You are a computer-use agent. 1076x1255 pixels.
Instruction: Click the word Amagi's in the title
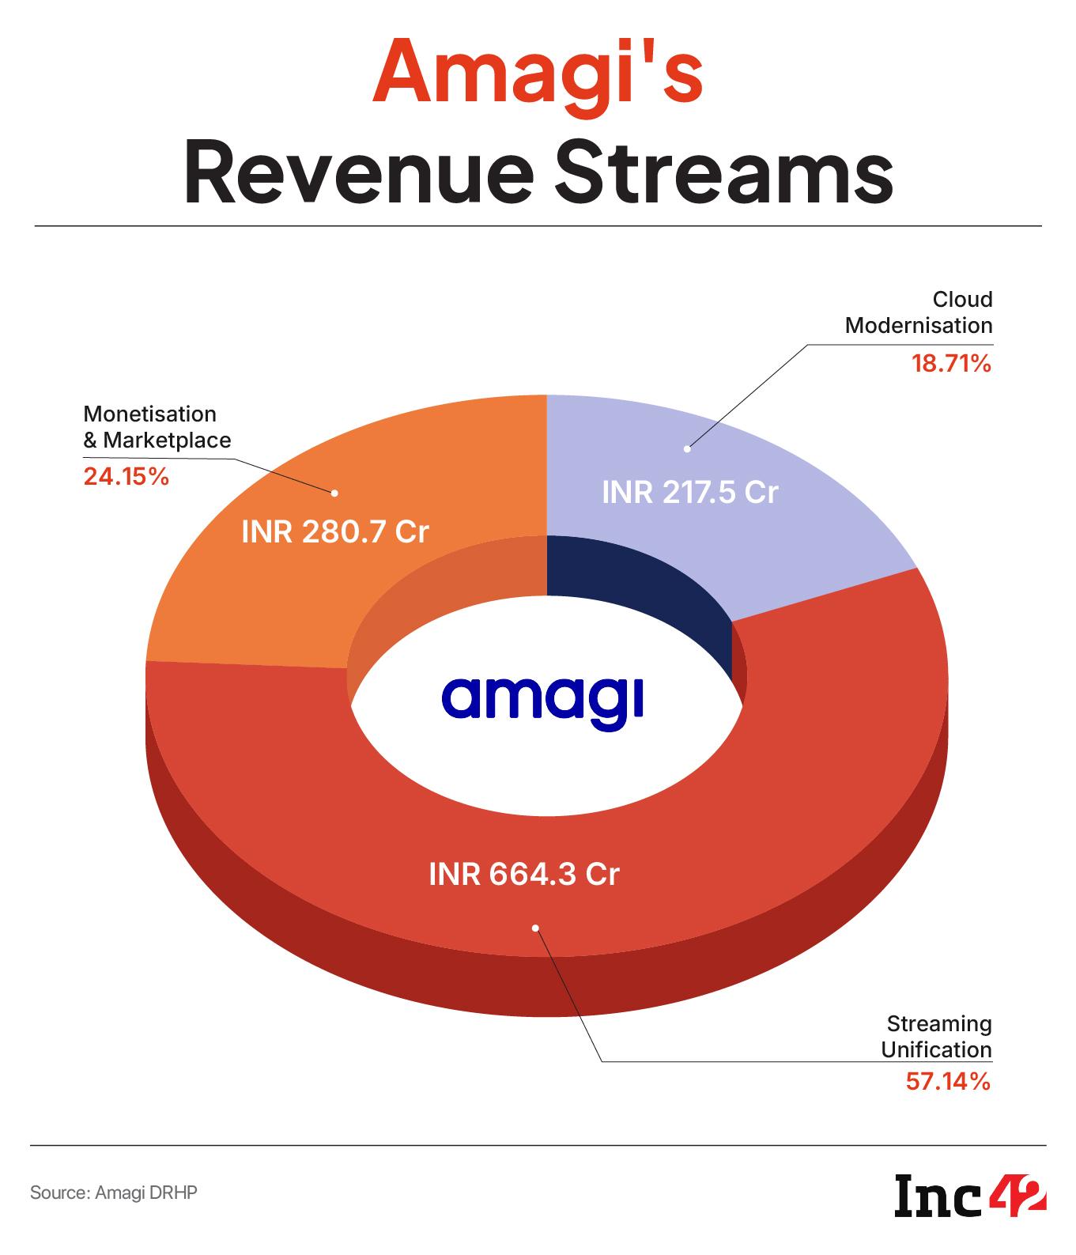point(538,74)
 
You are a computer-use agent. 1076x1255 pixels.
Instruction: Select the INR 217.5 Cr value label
point(690,493)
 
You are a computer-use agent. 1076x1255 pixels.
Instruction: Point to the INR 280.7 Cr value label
point(334,531)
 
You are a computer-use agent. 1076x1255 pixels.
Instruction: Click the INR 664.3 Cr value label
point(523,875)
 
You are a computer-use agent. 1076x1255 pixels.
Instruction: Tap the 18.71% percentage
point(951,364)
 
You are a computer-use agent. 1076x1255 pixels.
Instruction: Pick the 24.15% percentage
point(126,477)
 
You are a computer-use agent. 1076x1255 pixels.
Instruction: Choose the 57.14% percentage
point(948,1081)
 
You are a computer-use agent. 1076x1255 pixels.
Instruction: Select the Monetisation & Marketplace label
point(157,427)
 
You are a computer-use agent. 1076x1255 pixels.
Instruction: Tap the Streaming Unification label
point(937,1037)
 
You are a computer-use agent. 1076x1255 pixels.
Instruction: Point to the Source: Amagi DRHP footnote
point(113,1193)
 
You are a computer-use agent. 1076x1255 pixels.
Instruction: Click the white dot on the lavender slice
point(688,448)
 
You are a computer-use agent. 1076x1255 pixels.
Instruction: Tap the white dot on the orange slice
point(334,493)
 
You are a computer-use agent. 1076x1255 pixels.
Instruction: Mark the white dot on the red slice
point(535,928)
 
